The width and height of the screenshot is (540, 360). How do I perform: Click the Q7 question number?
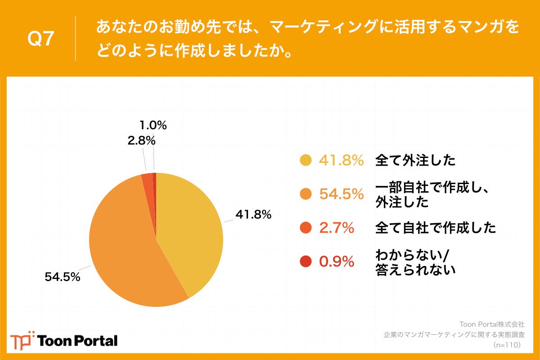(41, 40)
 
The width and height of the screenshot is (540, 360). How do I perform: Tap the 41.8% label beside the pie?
(253, 215)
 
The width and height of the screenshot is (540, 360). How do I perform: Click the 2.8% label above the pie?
(141, 141)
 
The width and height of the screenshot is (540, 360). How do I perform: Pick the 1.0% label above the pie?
(153, 126)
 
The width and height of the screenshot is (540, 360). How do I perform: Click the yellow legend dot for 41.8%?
(306, 161)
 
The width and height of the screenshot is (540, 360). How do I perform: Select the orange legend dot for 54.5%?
(306, 194)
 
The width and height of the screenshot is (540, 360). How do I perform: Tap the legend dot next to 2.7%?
(306, 228)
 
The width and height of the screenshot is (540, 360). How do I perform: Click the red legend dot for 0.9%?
(306, 261)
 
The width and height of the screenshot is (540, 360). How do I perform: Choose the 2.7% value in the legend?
(337, 228)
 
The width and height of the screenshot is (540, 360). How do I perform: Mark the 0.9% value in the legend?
(337, 261)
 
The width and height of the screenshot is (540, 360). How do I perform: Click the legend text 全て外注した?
(415, 161)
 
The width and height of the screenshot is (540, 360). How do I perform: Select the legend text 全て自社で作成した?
(436, 228)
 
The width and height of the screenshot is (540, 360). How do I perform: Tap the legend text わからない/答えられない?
(415, 262)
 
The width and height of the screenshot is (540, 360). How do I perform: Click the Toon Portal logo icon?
(22, 340)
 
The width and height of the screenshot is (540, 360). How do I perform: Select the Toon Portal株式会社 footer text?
(491, 324)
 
